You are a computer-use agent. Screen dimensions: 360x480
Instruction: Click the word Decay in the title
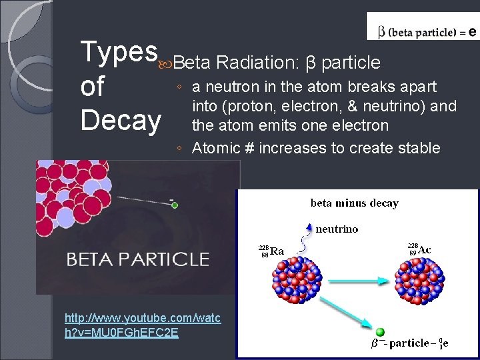120,121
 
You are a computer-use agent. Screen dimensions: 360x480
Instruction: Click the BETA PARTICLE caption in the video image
137,259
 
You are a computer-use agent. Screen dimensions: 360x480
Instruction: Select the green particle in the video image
175,205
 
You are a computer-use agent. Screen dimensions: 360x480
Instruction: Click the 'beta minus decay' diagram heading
354,203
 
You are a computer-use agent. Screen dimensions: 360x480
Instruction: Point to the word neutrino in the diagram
337,229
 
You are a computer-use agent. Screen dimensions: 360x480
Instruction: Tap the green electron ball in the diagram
381,332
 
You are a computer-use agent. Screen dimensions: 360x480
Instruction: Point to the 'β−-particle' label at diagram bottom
401,343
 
